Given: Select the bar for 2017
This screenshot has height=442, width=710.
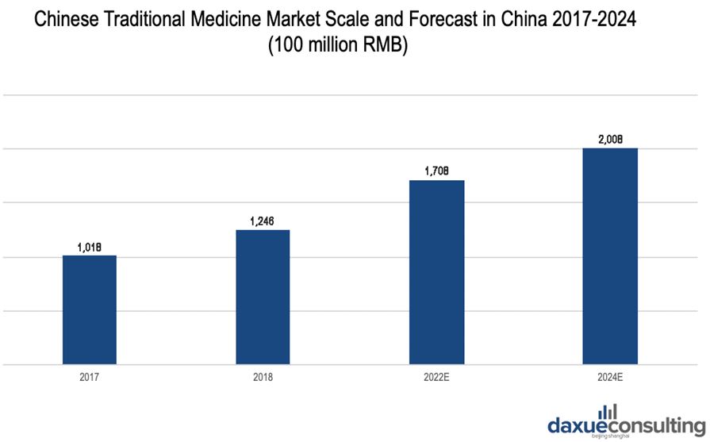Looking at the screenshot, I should point(90,309).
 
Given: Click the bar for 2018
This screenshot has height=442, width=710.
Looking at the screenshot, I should point(263,297).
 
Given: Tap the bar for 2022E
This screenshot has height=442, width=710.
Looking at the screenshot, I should point(436,272).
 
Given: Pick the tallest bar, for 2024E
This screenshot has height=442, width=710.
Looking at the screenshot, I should point(609,256).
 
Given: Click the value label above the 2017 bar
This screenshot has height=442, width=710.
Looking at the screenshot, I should point(90,247).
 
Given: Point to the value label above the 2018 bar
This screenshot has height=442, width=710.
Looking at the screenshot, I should point(263,221).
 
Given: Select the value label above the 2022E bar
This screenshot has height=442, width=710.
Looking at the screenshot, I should point(436,171).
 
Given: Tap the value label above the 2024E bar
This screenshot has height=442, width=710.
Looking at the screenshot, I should point(609,140).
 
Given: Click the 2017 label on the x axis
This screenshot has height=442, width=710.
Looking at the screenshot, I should point(90,378).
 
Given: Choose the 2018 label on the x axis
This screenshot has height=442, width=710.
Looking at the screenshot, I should point(263,378).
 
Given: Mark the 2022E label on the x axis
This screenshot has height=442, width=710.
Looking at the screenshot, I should point(436,378).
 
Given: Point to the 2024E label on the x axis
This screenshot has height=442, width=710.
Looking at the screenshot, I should point(609,378).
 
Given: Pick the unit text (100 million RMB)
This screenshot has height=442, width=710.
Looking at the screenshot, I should point(337,46).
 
